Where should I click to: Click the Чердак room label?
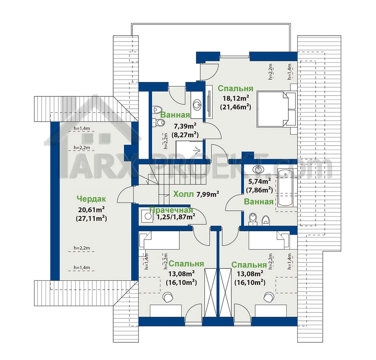[91, 198]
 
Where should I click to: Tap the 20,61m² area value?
[91, 209]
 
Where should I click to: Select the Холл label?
[184, 194]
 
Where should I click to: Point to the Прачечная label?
[171, 210]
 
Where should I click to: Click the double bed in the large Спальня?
[276, 109]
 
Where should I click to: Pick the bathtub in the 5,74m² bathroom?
[285, 188]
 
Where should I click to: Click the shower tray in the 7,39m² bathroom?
[190, 150]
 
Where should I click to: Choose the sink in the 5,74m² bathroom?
[258, 169]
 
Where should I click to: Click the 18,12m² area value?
[236, 98]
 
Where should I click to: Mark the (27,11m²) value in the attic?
[91, 218]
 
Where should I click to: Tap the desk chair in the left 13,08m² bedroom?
[168, 297]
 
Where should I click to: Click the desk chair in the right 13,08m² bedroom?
[269, 297]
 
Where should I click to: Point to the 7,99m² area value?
[208, 194]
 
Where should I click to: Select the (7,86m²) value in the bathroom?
[259, 190]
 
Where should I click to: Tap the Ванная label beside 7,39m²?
[175, 115]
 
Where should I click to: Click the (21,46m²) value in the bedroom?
[236, 107]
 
